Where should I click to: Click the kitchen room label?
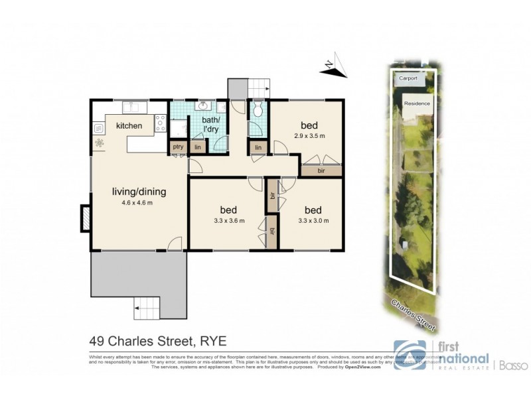129,125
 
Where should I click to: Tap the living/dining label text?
139,192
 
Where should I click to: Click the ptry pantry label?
177,147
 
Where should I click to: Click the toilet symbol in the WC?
258,110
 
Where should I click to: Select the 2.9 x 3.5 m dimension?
309,136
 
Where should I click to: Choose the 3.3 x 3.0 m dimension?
313,220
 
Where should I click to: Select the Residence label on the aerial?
417,103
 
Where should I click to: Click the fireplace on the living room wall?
86,218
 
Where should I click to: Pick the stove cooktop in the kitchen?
159,121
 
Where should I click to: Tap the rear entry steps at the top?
258,86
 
